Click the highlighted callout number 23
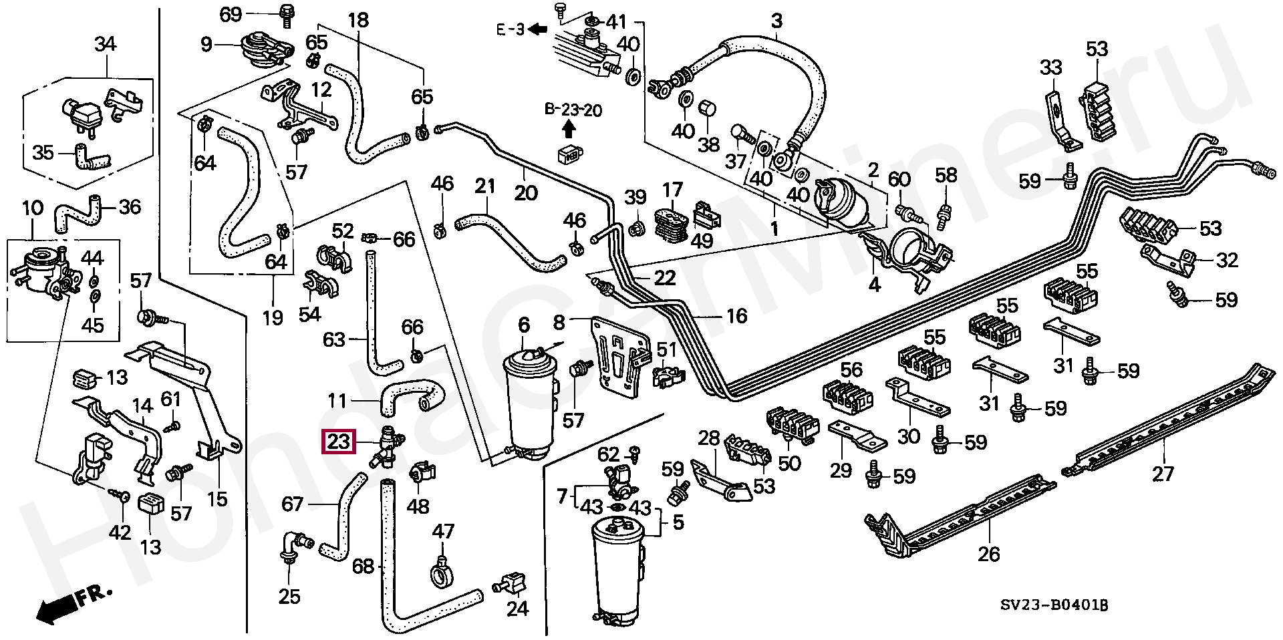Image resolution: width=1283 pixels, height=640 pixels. pos(339,442)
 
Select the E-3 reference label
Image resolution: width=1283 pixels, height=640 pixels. pos(511,29)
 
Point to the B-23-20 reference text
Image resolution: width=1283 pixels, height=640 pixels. pos(573,110)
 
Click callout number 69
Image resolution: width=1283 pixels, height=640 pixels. pos(231,14)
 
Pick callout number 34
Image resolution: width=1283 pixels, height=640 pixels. pos(105,44)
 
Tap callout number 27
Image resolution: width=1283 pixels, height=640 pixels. pos(1163,474)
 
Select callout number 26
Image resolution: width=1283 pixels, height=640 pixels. pos(989,554)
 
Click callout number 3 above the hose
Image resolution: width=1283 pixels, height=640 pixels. pos(776,21)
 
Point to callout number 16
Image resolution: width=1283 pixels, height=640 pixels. pos(736,316)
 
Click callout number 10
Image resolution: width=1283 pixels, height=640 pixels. pos(33,208)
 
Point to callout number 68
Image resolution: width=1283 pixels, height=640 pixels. pos(363,567)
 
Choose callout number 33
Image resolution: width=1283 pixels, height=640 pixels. pos(1051,67)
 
